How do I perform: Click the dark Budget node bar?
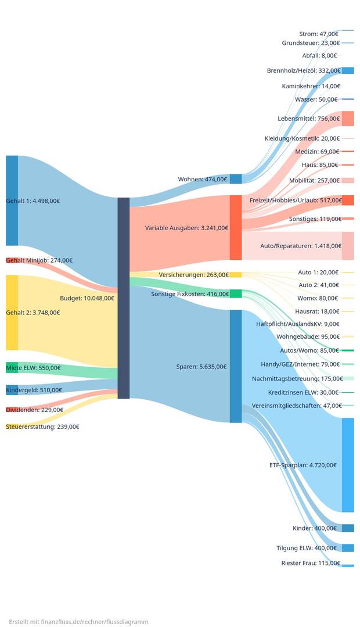click(x=123, y=298)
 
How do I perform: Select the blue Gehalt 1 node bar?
click(x=12, y=200)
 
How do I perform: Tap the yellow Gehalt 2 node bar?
click(x=12, y=312)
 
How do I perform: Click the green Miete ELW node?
click(x=12, y=367)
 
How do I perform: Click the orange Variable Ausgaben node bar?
click(x=235, y=227)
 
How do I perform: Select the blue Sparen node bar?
click(x=235, y=366)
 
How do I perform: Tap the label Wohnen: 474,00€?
click(x=202, y=179)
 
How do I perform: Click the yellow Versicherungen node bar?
click(x=235, y=275)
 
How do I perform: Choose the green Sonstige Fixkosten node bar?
click(x=235, y=294)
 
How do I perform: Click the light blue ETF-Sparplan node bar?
click(x=347, y=465)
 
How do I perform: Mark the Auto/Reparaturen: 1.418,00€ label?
click(x=300, y=246)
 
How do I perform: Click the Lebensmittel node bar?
click(x=347, y=119)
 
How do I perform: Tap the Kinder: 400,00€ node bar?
click(x=347, y=528)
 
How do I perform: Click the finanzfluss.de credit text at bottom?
click(x=78, y=622)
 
